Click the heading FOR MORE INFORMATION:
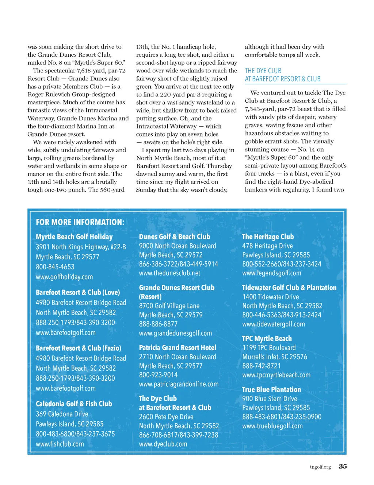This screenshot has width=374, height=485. coord(80,222)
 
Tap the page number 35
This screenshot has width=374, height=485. coord(343,466)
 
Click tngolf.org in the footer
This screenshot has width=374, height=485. coord(320,467)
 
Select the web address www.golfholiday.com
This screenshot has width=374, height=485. coord(64,277)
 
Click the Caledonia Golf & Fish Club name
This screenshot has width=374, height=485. coord(74,404)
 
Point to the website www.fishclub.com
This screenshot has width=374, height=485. coord(60,444)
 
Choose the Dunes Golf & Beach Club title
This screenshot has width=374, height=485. coord(175,237)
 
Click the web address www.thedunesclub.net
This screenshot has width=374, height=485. coord(169,273)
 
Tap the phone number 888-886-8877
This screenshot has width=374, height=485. coord(158,324)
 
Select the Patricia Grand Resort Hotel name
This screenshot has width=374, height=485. coord(178,348)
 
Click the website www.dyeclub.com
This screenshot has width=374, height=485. coord(163,444)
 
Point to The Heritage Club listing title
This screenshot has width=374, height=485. coord(268,237)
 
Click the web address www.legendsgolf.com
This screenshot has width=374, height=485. coord(272,273)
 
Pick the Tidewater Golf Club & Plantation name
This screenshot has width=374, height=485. coord(289,288)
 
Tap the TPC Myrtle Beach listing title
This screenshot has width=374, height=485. coord(267,339)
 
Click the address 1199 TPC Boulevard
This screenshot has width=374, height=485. coord(269,348)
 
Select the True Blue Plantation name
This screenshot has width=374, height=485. coord(271,389)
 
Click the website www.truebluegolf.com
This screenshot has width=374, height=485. coord(272,426)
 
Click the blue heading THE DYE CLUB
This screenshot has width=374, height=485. coord(263,71)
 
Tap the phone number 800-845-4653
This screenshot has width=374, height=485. coord(55,267)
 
